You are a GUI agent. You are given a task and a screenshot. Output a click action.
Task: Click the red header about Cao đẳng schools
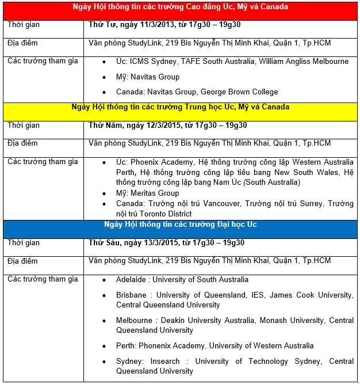point(181,7)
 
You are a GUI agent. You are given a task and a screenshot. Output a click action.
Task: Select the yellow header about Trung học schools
point(181,107)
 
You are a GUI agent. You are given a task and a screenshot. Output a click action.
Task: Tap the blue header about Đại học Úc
point(181,224)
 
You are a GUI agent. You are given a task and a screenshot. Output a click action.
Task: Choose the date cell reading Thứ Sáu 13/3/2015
point(167,242)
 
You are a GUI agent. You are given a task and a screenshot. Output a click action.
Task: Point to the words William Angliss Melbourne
point(304,61)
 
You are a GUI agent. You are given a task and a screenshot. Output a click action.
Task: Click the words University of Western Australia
point(261,346)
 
